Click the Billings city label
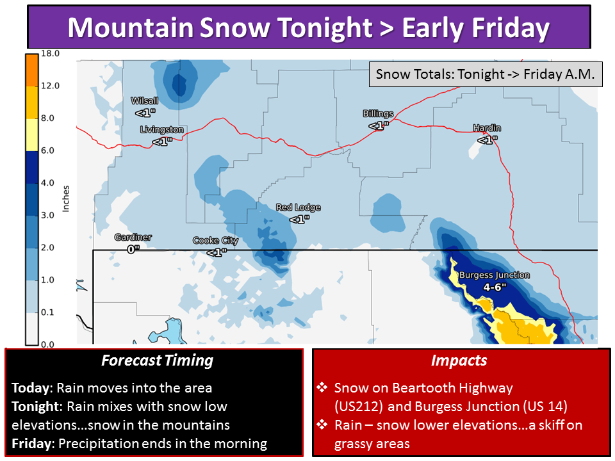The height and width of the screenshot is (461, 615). (x=378, y=114)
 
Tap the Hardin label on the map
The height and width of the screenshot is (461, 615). (x=487, y=128)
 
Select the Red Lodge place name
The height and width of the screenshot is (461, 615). (x=298, y=207)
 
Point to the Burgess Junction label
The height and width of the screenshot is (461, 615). (x=494, y=275)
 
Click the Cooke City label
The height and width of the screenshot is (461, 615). (x=215, y=240)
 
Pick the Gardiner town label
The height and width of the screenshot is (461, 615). (x=133, y=237)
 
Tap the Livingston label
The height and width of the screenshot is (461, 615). (x=161, y=129)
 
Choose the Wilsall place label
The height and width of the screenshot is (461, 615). (x=144, y=101)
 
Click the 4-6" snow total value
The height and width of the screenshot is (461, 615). (x=495, y=287)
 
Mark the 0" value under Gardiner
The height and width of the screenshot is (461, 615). (x=133, y=249)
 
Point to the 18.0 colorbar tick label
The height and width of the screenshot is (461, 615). (x=50, y=53)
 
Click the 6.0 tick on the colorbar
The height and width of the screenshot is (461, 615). (x=47, y=150)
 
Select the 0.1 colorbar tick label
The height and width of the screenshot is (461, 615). (x=47, y=312)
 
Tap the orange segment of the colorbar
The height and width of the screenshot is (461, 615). (x=32, y=70)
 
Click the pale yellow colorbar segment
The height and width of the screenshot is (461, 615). (x=32, y=134)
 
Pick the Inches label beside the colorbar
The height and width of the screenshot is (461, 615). (x=65, y=198)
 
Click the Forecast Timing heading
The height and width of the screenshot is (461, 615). (x=158, y=360)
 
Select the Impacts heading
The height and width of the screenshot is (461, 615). (x=459, y=360)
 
